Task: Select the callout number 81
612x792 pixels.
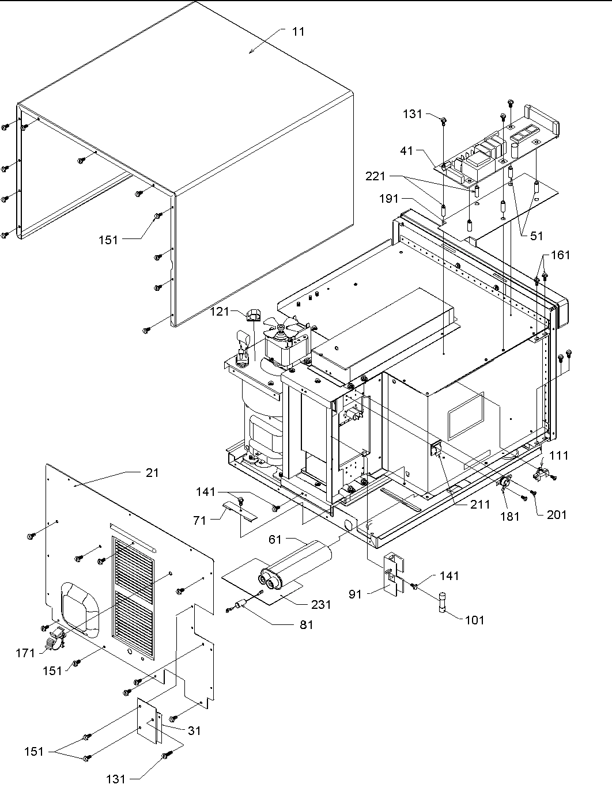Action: pyautogui.click(x=306, y=624)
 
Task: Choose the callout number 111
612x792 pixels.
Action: pyautogui.click(x=558, y=456)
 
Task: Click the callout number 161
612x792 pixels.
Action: pyautogui.click(x=560, y=255)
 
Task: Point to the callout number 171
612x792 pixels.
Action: pyautogui.click(x=26, y=653)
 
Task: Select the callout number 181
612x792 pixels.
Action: pyautogui.click(x=509, y=516)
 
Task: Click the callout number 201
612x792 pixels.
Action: pyautogui.click(x=557, y=514)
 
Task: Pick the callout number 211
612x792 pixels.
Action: pyautogui.click(x=479, y=505)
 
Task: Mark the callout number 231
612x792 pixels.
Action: pyautogui.click(x=321, y=604)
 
